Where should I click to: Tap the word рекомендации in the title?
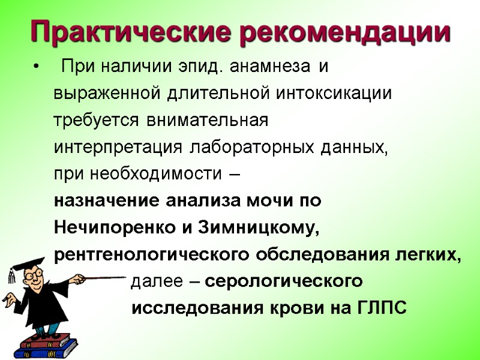click(x=344, y=32)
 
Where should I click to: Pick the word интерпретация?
click(x=118, y=148)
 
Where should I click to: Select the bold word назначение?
click(x=107, y=201)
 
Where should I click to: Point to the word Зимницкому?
click(x=262, y=228)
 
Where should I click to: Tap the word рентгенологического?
click(x=153, y=255)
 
